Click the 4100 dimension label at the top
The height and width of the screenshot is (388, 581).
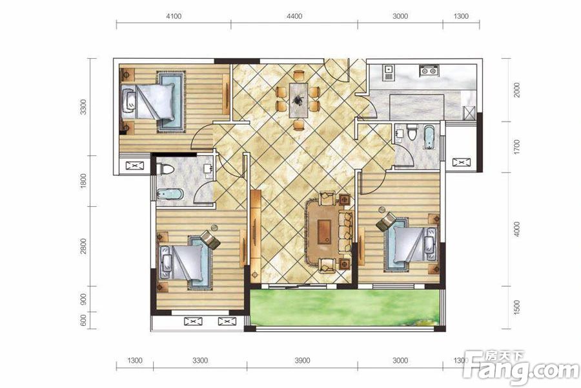[174, 16]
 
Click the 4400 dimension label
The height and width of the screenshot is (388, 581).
[294, 16]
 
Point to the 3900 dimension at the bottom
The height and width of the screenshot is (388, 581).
[302, 361]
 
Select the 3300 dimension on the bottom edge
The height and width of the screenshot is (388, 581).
[200, 361]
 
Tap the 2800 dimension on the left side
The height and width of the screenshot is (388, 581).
[83, 246]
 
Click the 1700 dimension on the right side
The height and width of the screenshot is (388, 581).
[517, 147]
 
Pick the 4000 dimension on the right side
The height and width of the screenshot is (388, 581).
[517, 229]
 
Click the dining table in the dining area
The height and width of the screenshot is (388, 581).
[298, 100]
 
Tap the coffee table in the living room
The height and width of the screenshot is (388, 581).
[325, 232]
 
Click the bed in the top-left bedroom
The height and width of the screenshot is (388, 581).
[148, 102]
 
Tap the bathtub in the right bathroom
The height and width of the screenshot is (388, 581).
[429, 137]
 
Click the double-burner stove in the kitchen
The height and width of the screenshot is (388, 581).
[429, 70]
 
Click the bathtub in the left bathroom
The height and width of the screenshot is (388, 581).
[170, 194]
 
